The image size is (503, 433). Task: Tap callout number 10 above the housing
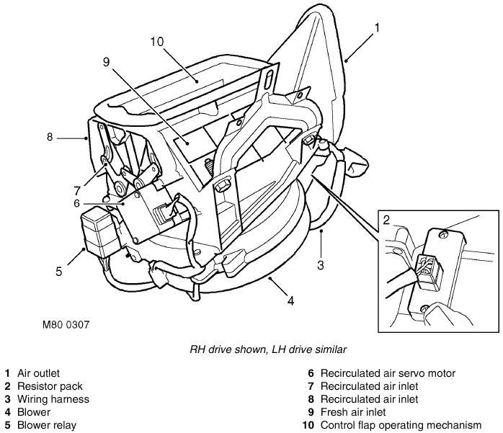[158, 42]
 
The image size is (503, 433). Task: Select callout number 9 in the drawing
[106, 63]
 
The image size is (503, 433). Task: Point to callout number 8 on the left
[50, 136]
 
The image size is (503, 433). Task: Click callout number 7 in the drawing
[76, 190]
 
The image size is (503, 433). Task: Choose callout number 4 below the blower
[291, 300]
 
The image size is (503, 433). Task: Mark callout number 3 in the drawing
[321, 264]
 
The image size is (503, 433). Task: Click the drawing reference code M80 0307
[65, 325]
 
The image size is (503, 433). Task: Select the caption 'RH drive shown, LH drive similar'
[268, 349]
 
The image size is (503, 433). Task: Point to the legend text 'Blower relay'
[46, 425]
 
